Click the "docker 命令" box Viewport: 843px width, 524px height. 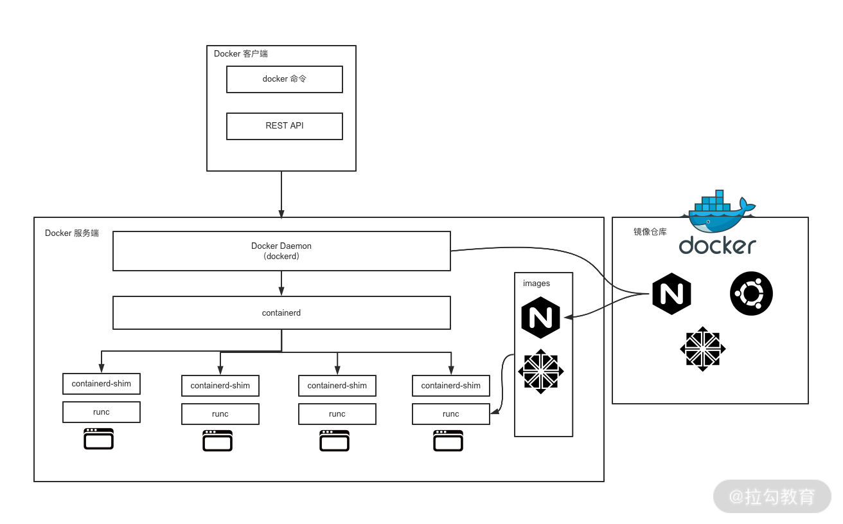[x=284, y=79]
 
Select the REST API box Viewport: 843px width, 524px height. [x=284, y=126]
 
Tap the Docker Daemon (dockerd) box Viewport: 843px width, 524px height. [x=281, y=251]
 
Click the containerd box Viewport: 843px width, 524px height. [x=281, y=313]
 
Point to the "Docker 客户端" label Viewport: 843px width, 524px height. [x=241, y=54]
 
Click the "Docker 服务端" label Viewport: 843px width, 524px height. [x=72, y=233]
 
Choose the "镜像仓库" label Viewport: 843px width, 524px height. [x=650, y=232]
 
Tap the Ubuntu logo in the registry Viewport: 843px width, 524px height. [x=751, y=294]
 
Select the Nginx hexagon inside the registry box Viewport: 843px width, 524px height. [x=671, y=294]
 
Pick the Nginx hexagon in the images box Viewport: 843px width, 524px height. [x=540, y=318]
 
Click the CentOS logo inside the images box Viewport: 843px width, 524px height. [x=540, y=372]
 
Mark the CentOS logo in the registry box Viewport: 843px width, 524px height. [x=702, y=349]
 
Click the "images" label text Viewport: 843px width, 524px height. [x=537, y=284]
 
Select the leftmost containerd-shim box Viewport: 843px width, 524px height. [x=102, y=384]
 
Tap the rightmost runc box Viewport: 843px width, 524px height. [x=450, y=414]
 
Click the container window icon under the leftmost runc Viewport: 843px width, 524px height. [x=99, y=438]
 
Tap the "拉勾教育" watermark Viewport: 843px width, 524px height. [x=772, y=496]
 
